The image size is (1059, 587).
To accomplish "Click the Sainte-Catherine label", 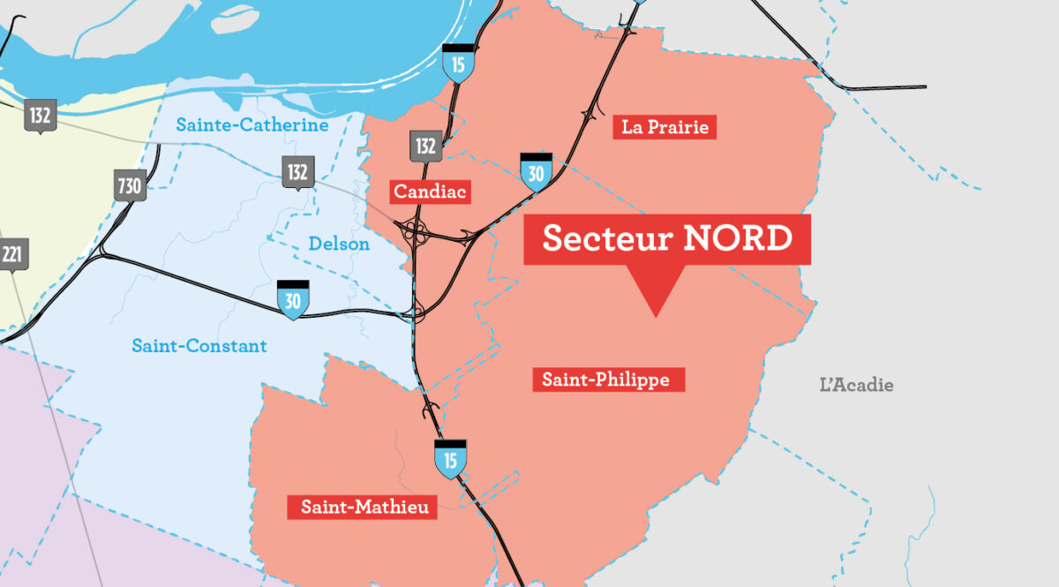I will [252, 125].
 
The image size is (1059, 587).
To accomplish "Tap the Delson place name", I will [339, 244].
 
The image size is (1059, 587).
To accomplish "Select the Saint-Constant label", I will [199, 346].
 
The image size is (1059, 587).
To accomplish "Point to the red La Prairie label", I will [665, 127].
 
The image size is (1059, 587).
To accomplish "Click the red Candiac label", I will [432, 192].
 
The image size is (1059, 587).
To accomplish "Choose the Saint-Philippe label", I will [608, 380].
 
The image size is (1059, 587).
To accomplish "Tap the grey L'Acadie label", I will [856, 385].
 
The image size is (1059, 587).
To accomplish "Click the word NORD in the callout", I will [738, 238].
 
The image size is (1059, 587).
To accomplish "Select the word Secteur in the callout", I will [604, 238].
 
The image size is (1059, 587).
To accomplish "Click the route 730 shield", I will [130, 186].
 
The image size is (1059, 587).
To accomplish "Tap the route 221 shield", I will [12, 256].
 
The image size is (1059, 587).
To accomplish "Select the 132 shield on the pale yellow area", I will [39, 117].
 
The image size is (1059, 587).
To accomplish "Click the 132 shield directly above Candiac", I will [425, 146].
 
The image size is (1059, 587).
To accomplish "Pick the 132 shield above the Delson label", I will [297, 172].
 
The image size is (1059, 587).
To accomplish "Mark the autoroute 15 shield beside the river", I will [457, 64].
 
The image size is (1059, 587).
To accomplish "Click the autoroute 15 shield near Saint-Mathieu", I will [450, 459].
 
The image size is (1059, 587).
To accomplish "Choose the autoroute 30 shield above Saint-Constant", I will [293, 300].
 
